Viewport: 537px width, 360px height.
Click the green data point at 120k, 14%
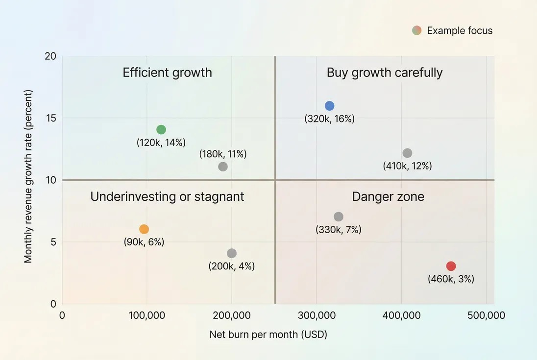click(x=161, y=130)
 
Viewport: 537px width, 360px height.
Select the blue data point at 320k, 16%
click(x=329, y=106)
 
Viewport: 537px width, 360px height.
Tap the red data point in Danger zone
click(x=451, y=266)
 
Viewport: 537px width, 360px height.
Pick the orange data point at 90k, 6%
click(x=144, y=229)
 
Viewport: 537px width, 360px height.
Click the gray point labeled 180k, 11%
click(x=223, y=167)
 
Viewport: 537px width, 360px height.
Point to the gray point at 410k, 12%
click(x=407, y=153)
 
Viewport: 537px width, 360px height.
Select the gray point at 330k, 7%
click(x=339, y=216)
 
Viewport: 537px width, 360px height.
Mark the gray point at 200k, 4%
click(x=232, y=253)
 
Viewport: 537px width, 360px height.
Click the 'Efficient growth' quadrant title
click(x=167, y=73)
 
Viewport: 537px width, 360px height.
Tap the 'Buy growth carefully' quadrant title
click(x=385, y=73)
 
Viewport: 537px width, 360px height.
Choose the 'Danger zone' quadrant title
click(x=388, y=197)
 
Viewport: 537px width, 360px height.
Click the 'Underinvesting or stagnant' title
click(x=167, y=197)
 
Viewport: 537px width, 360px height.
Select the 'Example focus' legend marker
click(x=416, y=30)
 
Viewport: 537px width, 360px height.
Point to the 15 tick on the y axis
click(x=51, y=118)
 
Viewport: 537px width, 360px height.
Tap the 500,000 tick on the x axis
click(x=486, y=316)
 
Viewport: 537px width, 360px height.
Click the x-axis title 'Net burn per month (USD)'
click(x=268, y=335)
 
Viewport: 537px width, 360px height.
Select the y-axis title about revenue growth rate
click(x=28, y=176)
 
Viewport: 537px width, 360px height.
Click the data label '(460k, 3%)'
click(x=451, y=279)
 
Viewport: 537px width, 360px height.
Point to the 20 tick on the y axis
click(x=51, y=56)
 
